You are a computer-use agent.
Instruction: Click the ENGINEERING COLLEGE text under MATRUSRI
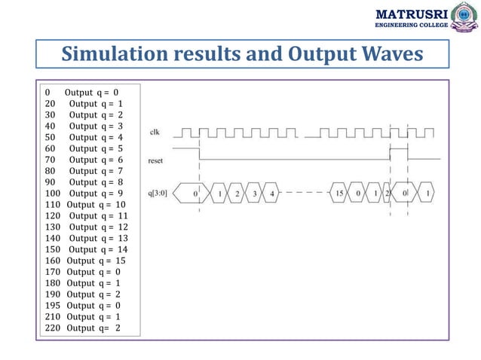411,26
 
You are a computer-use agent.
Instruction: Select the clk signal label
155,133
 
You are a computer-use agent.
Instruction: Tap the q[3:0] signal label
158,194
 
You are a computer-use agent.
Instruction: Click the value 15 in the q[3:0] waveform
341,194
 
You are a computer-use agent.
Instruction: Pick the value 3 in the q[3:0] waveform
254,194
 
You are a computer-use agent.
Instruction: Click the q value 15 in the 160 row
121,261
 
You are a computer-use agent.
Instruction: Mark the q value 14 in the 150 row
123,249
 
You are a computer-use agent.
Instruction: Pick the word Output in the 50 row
82,138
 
